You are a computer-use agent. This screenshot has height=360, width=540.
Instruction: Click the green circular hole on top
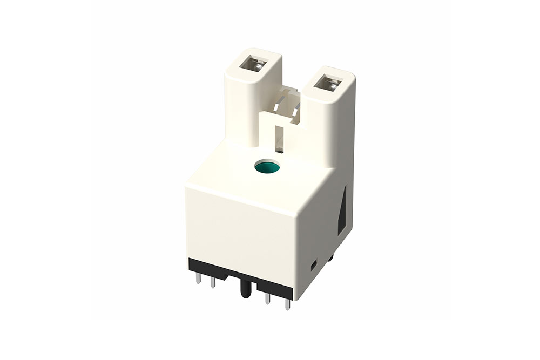coord(267,167)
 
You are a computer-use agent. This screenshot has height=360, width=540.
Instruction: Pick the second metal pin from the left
coord(213,282)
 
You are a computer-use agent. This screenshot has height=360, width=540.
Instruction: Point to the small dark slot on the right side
coord(314,265)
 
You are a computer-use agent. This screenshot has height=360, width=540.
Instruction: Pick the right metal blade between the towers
coord(295,111)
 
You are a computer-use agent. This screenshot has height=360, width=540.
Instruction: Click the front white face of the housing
coord(240,229)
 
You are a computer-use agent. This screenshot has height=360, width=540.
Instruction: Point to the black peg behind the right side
coord(330,259)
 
